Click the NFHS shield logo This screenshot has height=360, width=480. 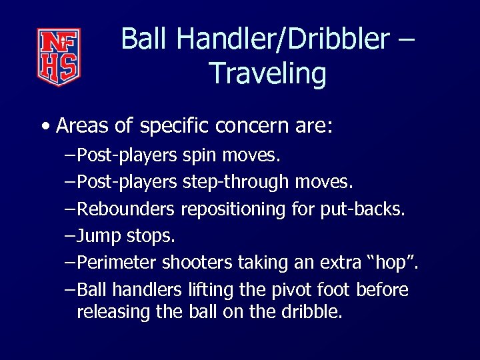pyautogui.click(x=59, y=57)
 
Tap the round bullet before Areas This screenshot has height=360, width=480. pyautogui.click(x=44, y=126)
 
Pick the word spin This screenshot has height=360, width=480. pyautogui.click(x=198, y=155)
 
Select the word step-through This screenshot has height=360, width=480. pyautogui.click(x=235, y=182)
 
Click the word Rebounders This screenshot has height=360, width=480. pyautogui.click(x=126, y=209)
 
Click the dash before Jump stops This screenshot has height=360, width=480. pyautogui.click(x=71, y=236)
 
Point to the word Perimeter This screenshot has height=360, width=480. pyautogui.click(x=117, y=263)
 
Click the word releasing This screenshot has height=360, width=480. pyautogui.click(x=113, y=311)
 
